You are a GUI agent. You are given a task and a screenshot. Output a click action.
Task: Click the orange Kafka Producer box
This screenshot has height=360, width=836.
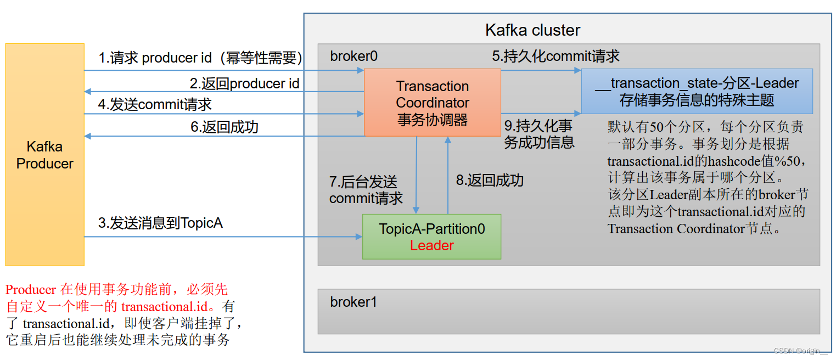(44, 155)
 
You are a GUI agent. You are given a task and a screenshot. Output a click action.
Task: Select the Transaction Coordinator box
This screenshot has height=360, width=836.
(433, 103)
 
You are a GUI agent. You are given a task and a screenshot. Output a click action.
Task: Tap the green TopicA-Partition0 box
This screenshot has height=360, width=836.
(431, 237)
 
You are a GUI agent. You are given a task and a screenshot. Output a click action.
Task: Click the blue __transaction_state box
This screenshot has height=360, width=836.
(697, 91)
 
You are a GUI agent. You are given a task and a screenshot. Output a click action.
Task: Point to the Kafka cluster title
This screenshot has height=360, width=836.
(532, 30)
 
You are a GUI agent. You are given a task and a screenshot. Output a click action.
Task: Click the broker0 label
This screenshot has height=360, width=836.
(354, 57)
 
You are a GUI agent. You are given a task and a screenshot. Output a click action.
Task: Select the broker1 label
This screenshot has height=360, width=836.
(354, 302)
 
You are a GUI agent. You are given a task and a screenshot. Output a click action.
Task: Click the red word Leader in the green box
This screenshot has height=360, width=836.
(431, 245)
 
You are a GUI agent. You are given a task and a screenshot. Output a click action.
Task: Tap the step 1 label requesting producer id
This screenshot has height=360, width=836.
(200, 58)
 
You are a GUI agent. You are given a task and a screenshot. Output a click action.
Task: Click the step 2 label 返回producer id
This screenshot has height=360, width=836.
(245, 83)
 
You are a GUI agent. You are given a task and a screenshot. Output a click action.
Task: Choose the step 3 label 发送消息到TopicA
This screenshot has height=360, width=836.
(160, 223)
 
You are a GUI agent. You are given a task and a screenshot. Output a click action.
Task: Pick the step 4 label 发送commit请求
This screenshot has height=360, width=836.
(155, 104)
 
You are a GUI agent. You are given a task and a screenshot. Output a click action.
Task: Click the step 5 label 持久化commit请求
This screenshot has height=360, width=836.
(556, 56)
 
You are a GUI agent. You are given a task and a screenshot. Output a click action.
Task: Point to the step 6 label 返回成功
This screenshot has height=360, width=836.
(225, 127)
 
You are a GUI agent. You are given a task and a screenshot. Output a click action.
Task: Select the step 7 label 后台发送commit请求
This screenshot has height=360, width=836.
(366, 190)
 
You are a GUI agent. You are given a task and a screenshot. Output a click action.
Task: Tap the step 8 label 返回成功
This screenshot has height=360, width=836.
(490, 180)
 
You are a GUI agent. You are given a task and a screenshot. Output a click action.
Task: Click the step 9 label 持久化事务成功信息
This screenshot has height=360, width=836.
(539, 134)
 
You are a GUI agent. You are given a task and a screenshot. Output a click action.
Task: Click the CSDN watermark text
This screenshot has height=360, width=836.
(800, 351)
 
